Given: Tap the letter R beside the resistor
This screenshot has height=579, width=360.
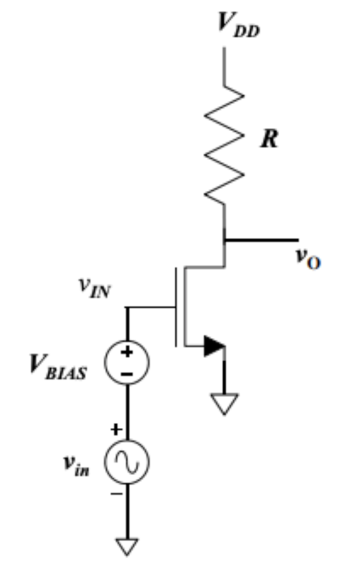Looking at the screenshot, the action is pyautogui.click(x=269, y=139).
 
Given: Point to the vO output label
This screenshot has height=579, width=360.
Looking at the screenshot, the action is pyautogui.click(x=309, y=258).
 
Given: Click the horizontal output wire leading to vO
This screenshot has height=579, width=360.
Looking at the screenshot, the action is pyautogui.click(x=262, y=240).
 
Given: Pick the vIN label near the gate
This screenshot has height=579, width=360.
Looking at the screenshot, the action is pyautogui.click(x=94, y=288).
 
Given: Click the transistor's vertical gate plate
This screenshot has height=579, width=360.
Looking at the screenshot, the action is pyautogui.click(x=175, y=307).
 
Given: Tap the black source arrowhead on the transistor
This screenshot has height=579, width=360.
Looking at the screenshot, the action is pyautogui.click(x=215, y=346).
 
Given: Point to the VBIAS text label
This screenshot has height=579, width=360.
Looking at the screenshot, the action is pyautogui.click(x=59, y=367).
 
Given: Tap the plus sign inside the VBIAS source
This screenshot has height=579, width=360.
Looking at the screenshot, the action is pyautogui.click(x=127, y=352).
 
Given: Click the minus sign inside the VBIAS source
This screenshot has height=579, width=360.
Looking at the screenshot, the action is pyautogui.click(x=127, y=374).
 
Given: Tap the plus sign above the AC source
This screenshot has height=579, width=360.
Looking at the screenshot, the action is pyautogui.click(x=116, y=429).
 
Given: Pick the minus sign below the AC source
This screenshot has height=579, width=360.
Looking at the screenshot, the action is pyautogui.click(x=116, y=494).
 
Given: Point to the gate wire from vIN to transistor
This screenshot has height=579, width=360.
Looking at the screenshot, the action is pyautogui.click(x=150, y=307).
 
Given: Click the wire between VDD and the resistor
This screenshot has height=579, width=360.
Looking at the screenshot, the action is pyautogui.click(x=224, y=66).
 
